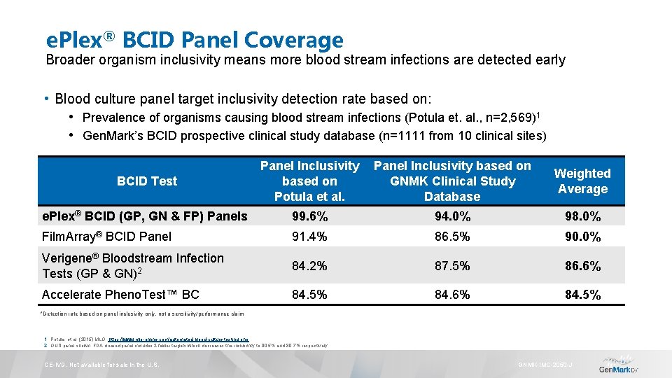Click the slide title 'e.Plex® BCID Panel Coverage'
click(x=194, y=40)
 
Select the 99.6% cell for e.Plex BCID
click(x=309, y=216)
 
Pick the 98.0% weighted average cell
click(x=582, y=216)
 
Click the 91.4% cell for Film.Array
click(x=309, y=237)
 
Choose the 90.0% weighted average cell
click(x=582, y=237)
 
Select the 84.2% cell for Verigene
click(x=309, y=266)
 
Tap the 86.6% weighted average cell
click(x=582, y=266)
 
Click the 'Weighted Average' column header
click(x=582, y=181)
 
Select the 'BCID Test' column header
click(x=147, y=181)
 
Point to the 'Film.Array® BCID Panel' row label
click(x=106, y=237)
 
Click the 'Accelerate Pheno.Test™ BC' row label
click(x=120, y=295)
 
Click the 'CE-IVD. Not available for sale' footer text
click(x=102, y=365)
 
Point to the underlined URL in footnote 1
click(x=179, y=339)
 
